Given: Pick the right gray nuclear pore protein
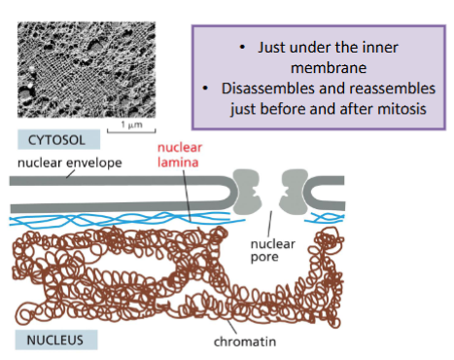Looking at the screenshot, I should click(x=296, y=188).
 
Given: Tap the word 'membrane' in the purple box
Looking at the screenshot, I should click(x=319, y=68).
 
